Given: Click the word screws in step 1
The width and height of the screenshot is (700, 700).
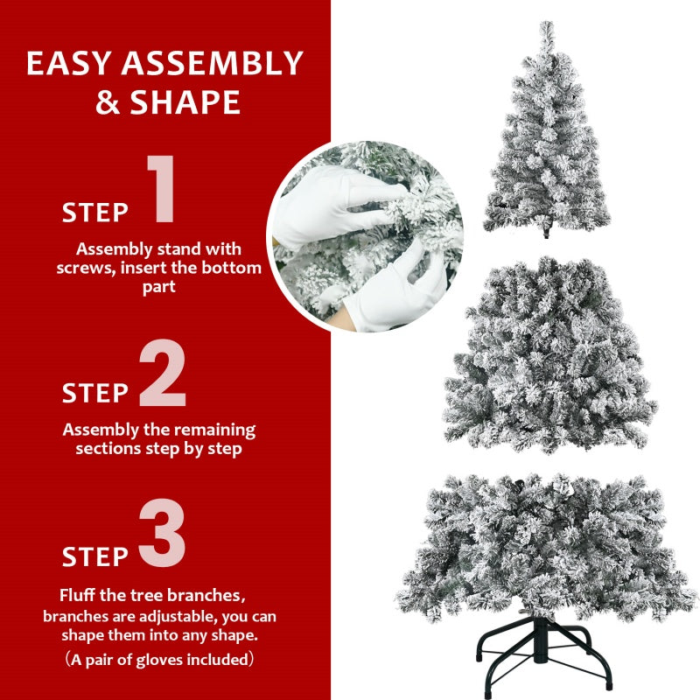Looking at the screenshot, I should click(85, 268).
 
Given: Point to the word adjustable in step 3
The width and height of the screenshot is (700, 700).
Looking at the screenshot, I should click(164, 616).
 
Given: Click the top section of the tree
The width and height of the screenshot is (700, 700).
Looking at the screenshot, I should click(546, 140).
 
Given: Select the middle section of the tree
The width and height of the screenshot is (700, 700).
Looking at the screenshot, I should click(549, 359).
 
